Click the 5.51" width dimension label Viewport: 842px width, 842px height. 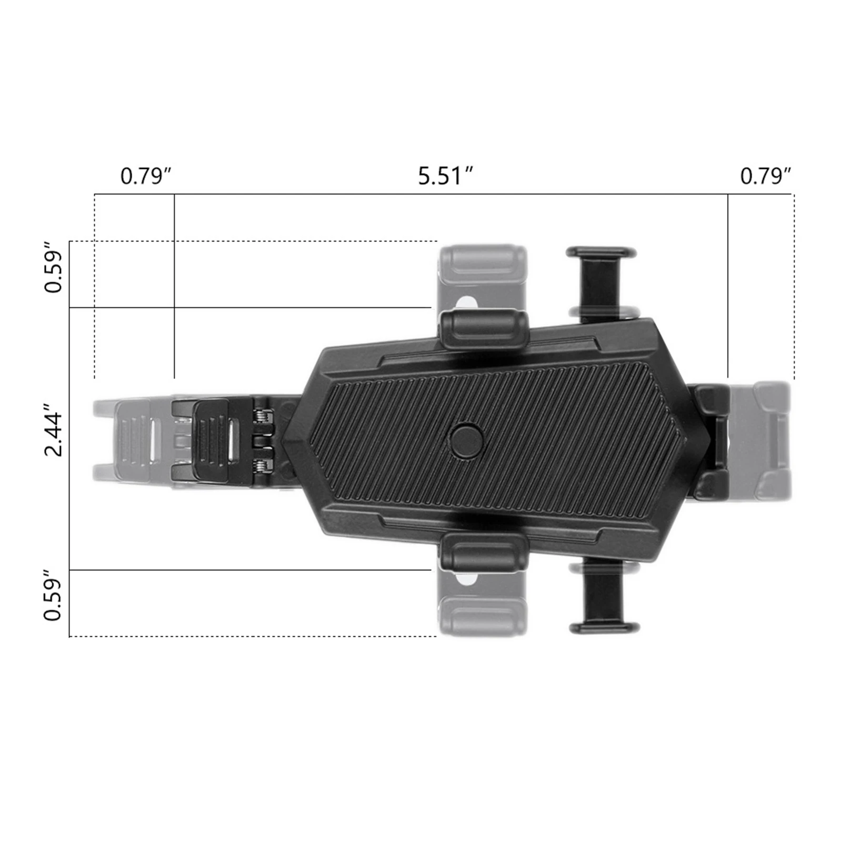446,176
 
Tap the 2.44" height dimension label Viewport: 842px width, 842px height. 54,430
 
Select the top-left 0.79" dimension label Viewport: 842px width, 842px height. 146,176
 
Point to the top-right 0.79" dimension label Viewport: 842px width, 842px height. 766,176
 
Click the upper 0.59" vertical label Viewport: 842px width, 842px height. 54,267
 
